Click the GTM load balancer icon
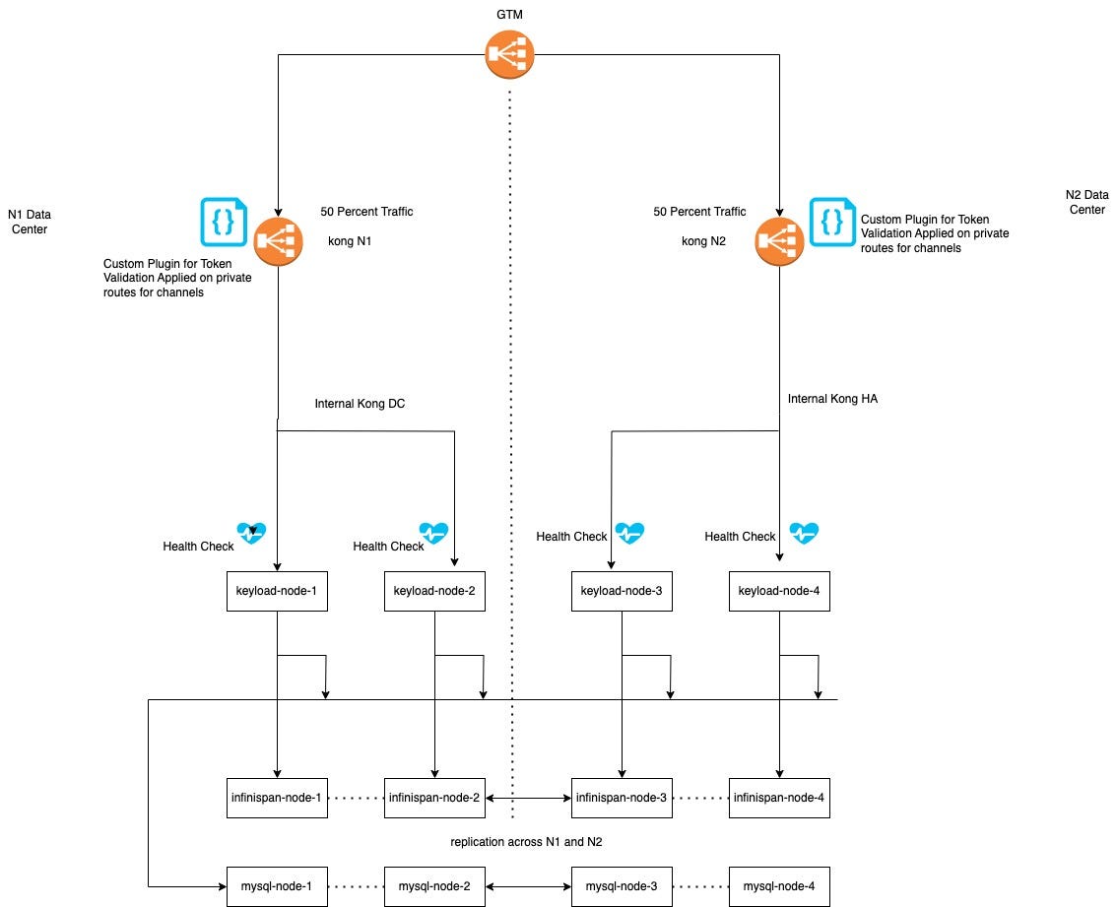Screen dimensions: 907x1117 click(510, 55)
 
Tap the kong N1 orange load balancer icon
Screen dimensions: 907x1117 click(279, 241)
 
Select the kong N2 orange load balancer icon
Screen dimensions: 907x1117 click(780, 241)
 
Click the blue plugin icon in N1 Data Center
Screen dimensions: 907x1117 click(225, 222)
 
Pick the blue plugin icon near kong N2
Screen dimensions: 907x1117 click(833, 222)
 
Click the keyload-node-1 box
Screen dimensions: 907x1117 click(277, 592)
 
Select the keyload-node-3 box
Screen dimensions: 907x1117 click(622, 592)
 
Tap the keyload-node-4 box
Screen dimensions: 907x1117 click(779, 592)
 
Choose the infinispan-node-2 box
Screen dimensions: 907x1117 click(434, 797)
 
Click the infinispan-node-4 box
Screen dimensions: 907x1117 click(779, 797)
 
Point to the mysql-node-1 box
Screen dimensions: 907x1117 click(277, 886)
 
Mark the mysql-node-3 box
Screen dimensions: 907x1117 click(622, 886)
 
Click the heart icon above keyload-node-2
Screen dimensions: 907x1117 click(433, 534)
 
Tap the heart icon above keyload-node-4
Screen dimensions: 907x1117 click(804, 534)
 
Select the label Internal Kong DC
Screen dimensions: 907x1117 click(360, 404)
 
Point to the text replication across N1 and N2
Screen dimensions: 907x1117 click(527, 842)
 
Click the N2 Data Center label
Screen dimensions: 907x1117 click(1086, 202)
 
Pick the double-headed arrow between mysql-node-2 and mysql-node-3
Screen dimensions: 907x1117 click(528, 886)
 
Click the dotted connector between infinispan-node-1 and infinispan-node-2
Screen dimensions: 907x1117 click(356, 797)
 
